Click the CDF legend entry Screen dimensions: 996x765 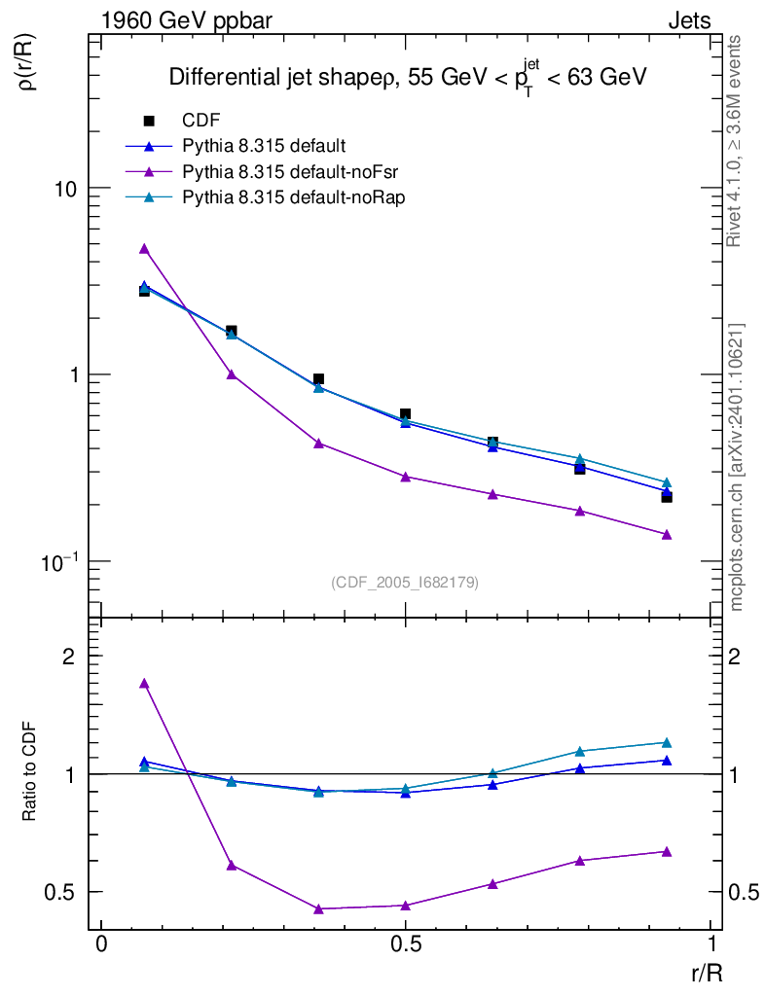pyautogui.click(x=201, y=121)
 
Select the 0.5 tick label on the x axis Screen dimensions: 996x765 pyautogui.click(x=406, y=945)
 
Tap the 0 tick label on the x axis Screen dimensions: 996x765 pyautogui.click(x=101, y=945)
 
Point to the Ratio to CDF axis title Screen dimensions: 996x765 pyautogui.click(x=30, y=773)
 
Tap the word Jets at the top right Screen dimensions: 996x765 pyautogui.click(x=689, y=20)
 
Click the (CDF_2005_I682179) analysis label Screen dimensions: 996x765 pyautogui.click(x=405, y=582)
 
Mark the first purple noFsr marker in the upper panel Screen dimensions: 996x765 pyautogui.click(x=144, y=249)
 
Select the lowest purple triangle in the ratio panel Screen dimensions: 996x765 pyautogui.click(x=318, y=908)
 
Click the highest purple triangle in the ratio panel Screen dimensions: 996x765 pyautogui.click(x=144, y=683)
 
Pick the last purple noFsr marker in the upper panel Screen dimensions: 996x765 pyautogui.click(x=667, y=534)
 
